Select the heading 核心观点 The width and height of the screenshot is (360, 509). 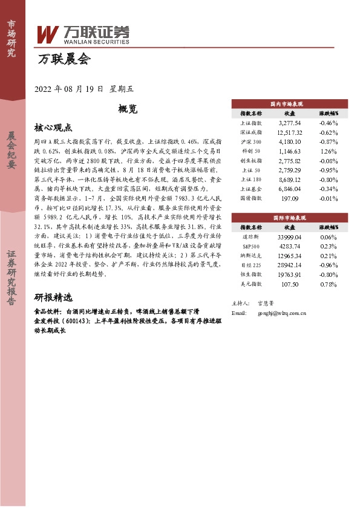click(53, 128)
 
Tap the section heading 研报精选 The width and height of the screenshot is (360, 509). click(53, 298)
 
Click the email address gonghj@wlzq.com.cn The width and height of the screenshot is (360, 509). click(282, 313)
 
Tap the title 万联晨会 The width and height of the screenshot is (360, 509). click(63, 60)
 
